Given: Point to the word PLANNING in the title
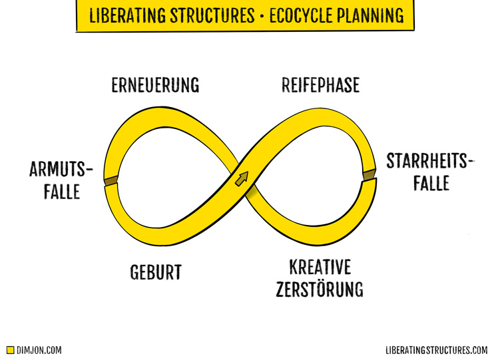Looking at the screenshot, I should pyautogui.click(x=370, y=15).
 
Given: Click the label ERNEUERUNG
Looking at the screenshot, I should pyautogui.click(x=156, y=86).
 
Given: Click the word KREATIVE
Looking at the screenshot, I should pyautogui.click(x=320, y=268).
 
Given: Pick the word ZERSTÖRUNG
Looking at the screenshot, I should pyautogui.click(x=322, y=290).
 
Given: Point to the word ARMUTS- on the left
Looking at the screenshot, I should pyautogui.click(x=60, y=169).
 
